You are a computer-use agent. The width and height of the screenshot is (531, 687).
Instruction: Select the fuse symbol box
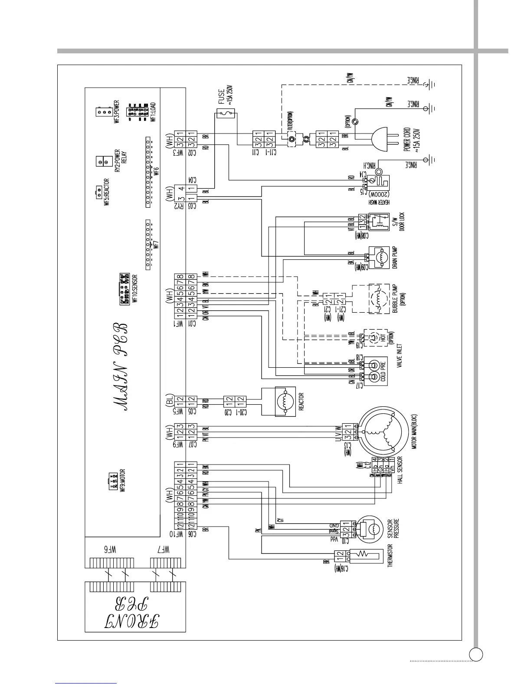pyautogui.click(x=226, y=114)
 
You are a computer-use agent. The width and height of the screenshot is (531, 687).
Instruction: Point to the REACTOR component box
pyautogui.click(x=284, y=402)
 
